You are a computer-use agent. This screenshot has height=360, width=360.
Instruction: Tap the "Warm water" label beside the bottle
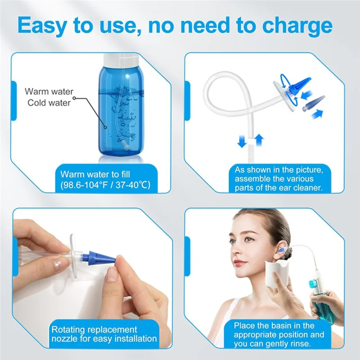point(49,92)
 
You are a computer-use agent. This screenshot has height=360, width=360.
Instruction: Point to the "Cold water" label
point(49,103)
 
